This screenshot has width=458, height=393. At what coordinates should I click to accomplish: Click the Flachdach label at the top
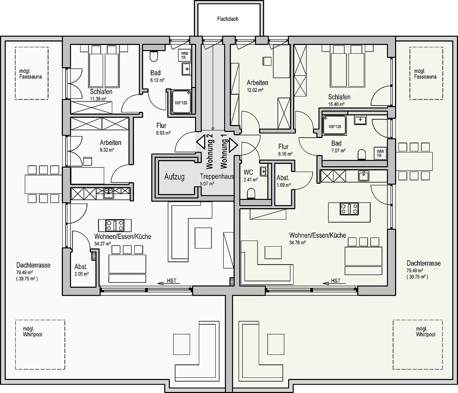coord(227,19)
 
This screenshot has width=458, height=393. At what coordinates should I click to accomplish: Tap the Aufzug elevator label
coord(174,177)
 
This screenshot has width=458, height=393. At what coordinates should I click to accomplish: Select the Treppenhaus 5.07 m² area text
coord(217,180)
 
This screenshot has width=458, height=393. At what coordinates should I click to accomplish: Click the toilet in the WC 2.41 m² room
coord(251,193)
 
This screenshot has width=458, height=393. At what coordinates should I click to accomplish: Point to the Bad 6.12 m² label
coord(157,76)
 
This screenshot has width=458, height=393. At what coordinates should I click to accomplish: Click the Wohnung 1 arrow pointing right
coord(233,145)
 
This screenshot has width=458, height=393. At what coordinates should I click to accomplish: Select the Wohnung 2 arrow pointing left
coord(201,142)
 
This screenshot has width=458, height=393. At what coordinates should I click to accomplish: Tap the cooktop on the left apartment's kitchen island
coord(115,225)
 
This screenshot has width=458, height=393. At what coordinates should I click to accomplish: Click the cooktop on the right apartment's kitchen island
coord(349,209)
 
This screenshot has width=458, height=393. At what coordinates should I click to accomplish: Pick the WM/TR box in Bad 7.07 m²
coord(380,153)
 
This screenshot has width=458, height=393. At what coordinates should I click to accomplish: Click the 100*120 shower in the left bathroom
coord(181,101)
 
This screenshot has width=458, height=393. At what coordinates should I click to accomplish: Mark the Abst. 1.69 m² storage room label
coord(284,181)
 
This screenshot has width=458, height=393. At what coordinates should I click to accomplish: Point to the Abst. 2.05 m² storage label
coord(82,270)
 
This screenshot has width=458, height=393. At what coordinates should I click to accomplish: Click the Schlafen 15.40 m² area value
coord(336,104)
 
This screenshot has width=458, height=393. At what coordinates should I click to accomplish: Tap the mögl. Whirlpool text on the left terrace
coord(32,332)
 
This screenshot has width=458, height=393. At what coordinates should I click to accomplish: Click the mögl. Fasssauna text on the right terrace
coord(425,74)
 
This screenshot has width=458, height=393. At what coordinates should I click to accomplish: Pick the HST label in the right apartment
coord(336,281)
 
